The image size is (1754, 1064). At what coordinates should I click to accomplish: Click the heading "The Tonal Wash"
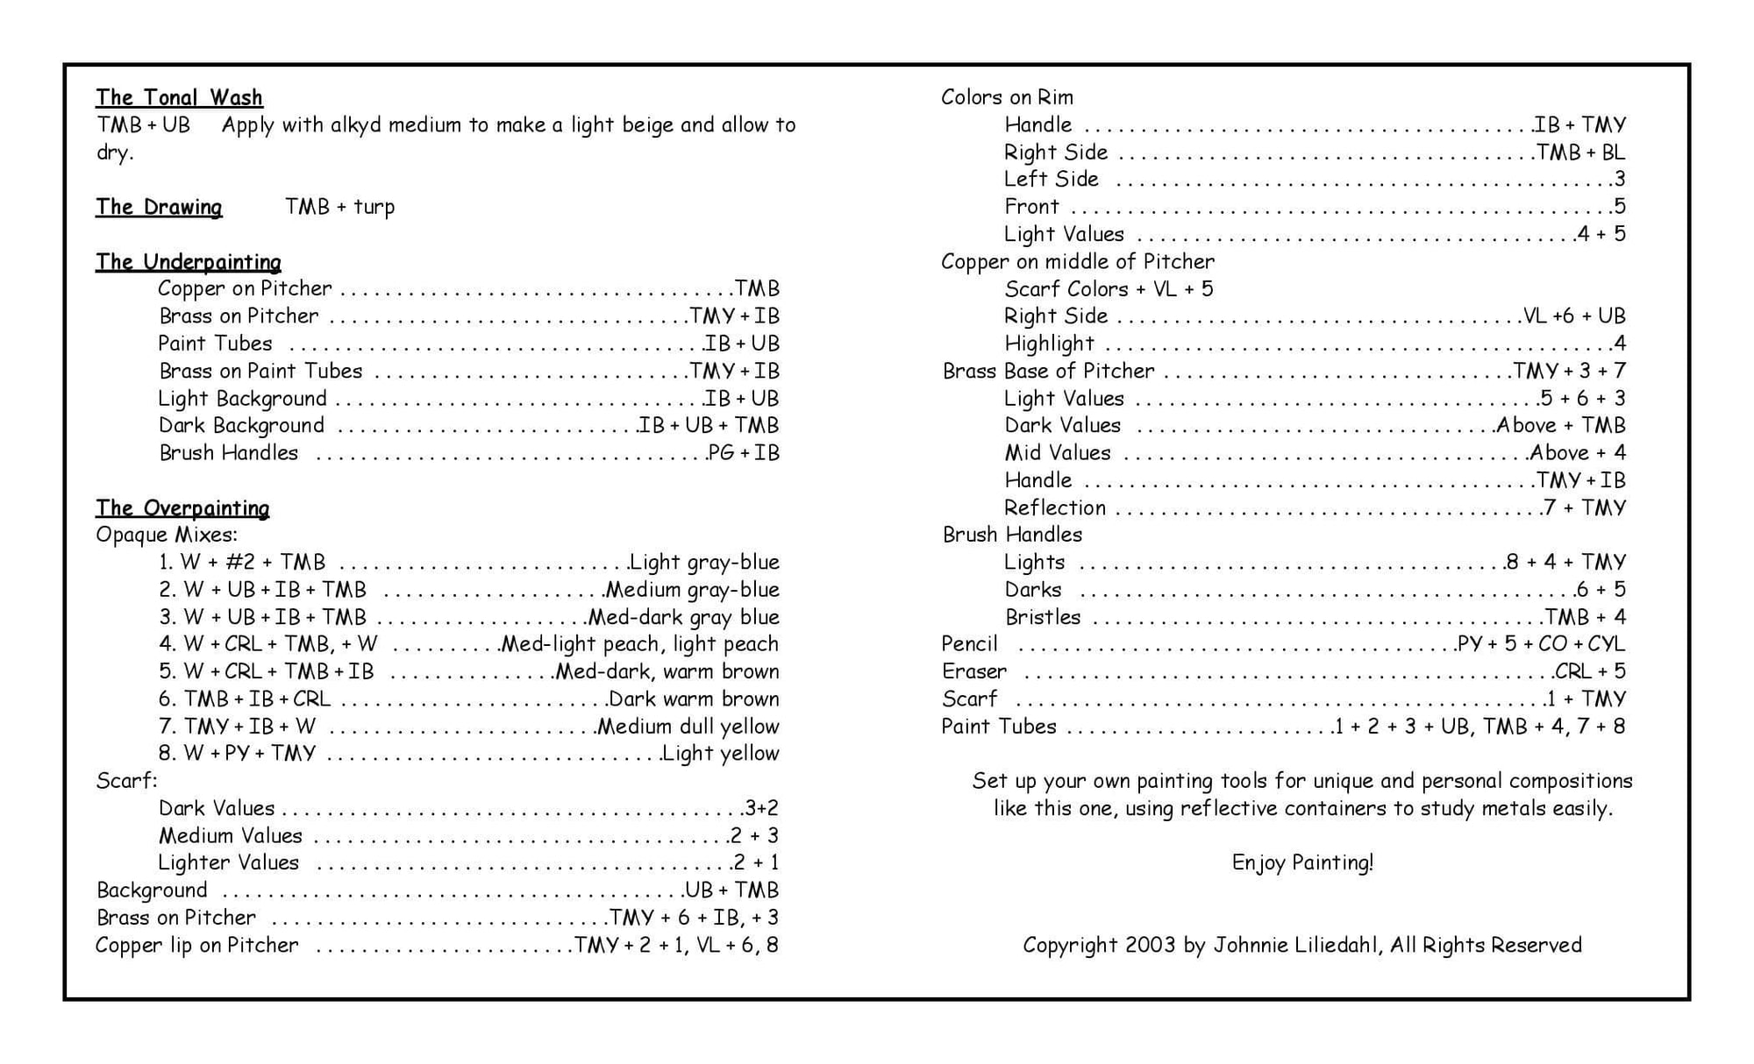pyautogui.click(x=179, y=97)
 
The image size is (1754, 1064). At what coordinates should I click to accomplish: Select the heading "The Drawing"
pyautogui.click(x=159, y=207)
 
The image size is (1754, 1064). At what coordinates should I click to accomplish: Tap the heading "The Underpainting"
pyautogui.click(x=189, y=262)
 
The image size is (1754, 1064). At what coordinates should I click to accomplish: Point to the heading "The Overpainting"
pyautogui.click(x=182, y=508)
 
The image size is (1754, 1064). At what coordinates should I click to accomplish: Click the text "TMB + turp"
pyautogui.click(x=339, y=207)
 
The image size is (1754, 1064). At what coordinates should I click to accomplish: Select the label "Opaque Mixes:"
pyautogui.click(x=167, y=535)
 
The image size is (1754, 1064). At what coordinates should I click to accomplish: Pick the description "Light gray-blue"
pyautogui.click(x=704, y=562)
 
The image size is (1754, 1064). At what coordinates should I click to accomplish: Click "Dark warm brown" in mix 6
pyautogui.click(x=693, y=699)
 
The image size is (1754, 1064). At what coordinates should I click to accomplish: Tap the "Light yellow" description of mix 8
pyautogui.click(x=720, y=753)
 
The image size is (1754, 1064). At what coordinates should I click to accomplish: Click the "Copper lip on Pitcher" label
pyautogui.click(x=196, y=945)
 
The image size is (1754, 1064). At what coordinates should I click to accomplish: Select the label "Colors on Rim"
pyautogui.click(x=1007, y=97)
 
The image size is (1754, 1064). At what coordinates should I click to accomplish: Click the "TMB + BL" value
pyautogui.click(x=1581, y=153)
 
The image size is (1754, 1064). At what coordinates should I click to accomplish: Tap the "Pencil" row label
pyautogui.click(x=969, y=644)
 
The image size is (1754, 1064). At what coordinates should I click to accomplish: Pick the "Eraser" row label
pyautogui.click(x=973, y=671)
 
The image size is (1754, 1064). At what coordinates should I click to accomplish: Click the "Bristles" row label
pyautogui.click(x=1043, y=617)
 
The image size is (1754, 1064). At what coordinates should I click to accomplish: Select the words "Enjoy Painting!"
pyautogui.click(x=1302, y=862)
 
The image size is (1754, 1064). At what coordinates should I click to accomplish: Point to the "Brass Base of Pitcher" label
pyautogui.click(x=1048, y=371)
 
